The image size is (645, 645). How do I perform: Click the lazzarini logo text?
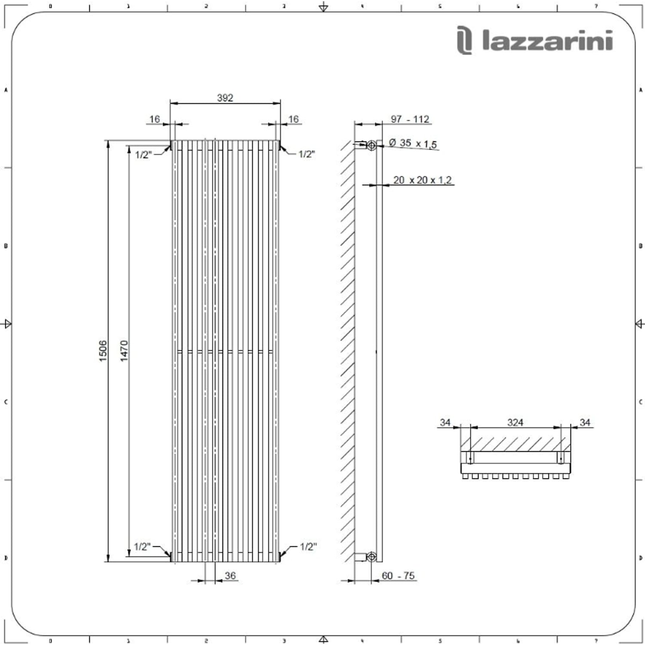tap(547, 42)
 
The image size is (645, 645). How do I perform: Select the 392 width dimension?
tap(225, 98)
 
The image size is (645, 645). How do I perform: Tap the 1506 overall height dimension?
tap(103, 350)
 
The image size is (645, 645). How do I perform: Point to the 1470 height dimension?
tap(124, 350)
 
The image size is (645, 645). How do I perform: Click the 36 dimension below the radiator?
tap(230, 575)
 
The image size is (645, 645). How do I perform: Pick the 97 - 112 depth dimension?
tap(410, 119)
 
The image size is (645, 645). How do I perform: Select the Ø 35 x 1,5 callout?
tap(412, 143)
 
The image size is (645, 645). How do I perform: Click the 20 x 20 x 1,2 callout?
tap(422, 180)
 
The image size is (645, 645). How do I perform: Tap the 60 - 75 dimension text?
tap(398, 575)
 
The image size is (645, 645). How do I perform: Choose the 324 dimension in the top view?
tap(515, 422)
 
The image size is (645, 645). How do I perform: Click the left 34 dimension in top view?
tap(445, 422)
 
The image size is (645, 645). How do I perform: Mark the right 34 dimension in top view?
tap(585, 422)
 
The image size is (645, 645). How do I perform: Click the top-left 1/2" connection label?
tap(143, 155)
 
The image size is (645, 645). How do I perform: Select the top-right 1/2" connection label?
tap(307, 154)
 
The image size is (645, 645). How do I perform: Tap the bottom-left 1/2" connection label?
tap(142, 547)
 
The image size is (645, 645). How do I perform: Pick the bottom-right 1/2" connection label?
tap(308, 547)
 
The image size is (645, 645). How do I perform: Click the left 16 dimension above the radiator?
tap(155, 119)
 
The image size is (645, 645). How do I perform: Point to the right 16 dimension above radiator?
tap(293, 119)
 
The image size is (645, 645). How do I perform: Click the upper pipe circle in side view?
tap(372, 145)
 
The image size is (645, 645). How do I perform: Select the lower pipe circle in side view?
tap(372, 557)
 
